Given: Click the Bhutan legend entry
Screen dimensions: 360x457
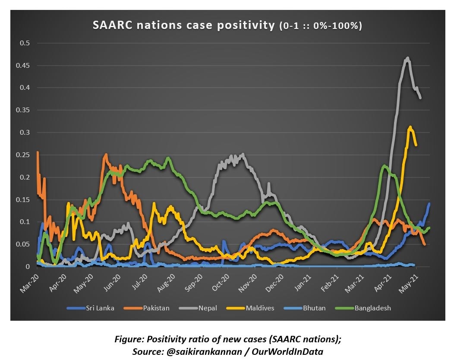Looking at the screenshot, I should [x=314, y=308].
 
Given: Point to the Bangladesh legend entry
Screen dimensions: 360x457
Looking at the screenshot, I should [x=373, y=308].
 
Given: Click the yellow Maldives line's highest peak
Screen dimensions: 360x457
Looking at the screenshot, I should [x=410, y=127].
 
